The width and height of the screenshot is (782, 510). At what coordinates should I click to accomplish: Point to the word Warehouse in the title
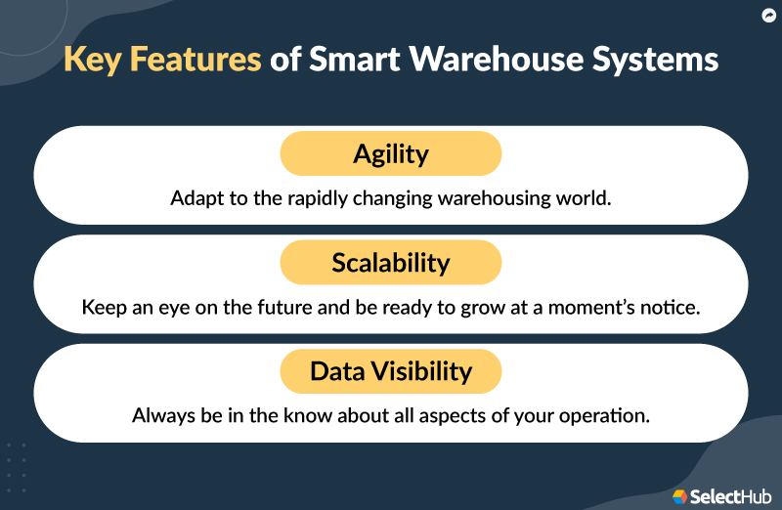pyautogui.click(x=503, y=61)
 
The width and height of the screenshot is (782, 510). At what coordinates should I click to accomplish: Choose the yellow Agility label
pyautogui.click(x=391, y=153)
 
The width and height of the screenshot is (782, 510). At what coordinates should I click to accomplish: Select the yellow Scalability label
pyautogui.click(x=391, y=263)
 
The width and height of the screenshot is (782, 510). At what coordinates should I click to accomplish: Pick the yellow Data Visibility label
pyautogui.click(x=391, y=371)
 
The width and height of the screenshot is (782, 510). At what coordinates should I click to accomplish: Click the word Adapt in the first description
pyautogui.click(x=195, y=197)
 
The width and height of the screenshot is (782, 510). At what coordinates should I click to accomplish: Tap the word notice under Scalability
pyautogui.click(x=671, y=307)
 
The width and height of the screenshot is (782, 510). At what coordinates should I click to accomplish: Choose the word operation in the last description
pyautogui.click(x=607, y=415)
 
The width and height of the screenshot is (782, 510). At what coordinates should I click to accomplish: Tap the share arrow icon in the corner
pyautogui.click(x=767, y=16)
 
